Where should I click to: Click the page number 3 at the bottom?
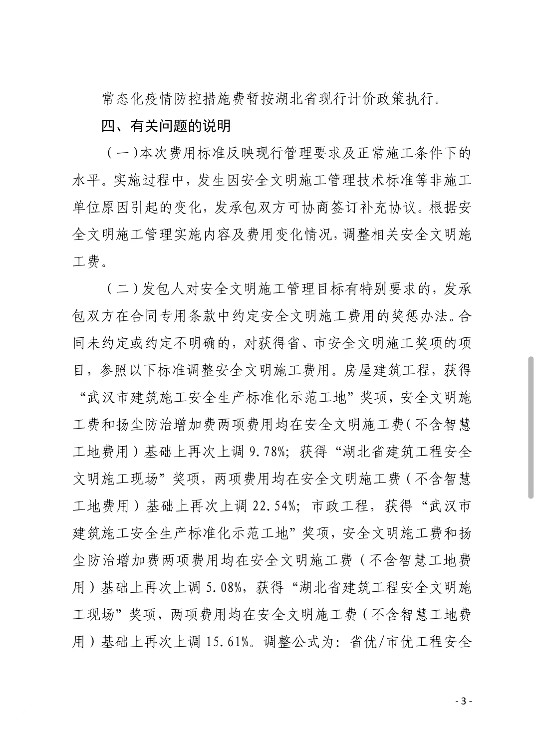pos(464,701)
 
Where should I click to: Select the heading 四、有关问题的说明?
pos(166,126)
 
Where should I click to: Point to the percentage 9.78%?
pos(267,452)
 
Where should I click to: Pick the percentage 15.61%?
pos(229,641)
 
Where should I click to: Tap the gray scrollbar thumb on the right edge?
pos(531,427)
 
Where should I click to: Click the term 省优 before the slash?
pos(364,641)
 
